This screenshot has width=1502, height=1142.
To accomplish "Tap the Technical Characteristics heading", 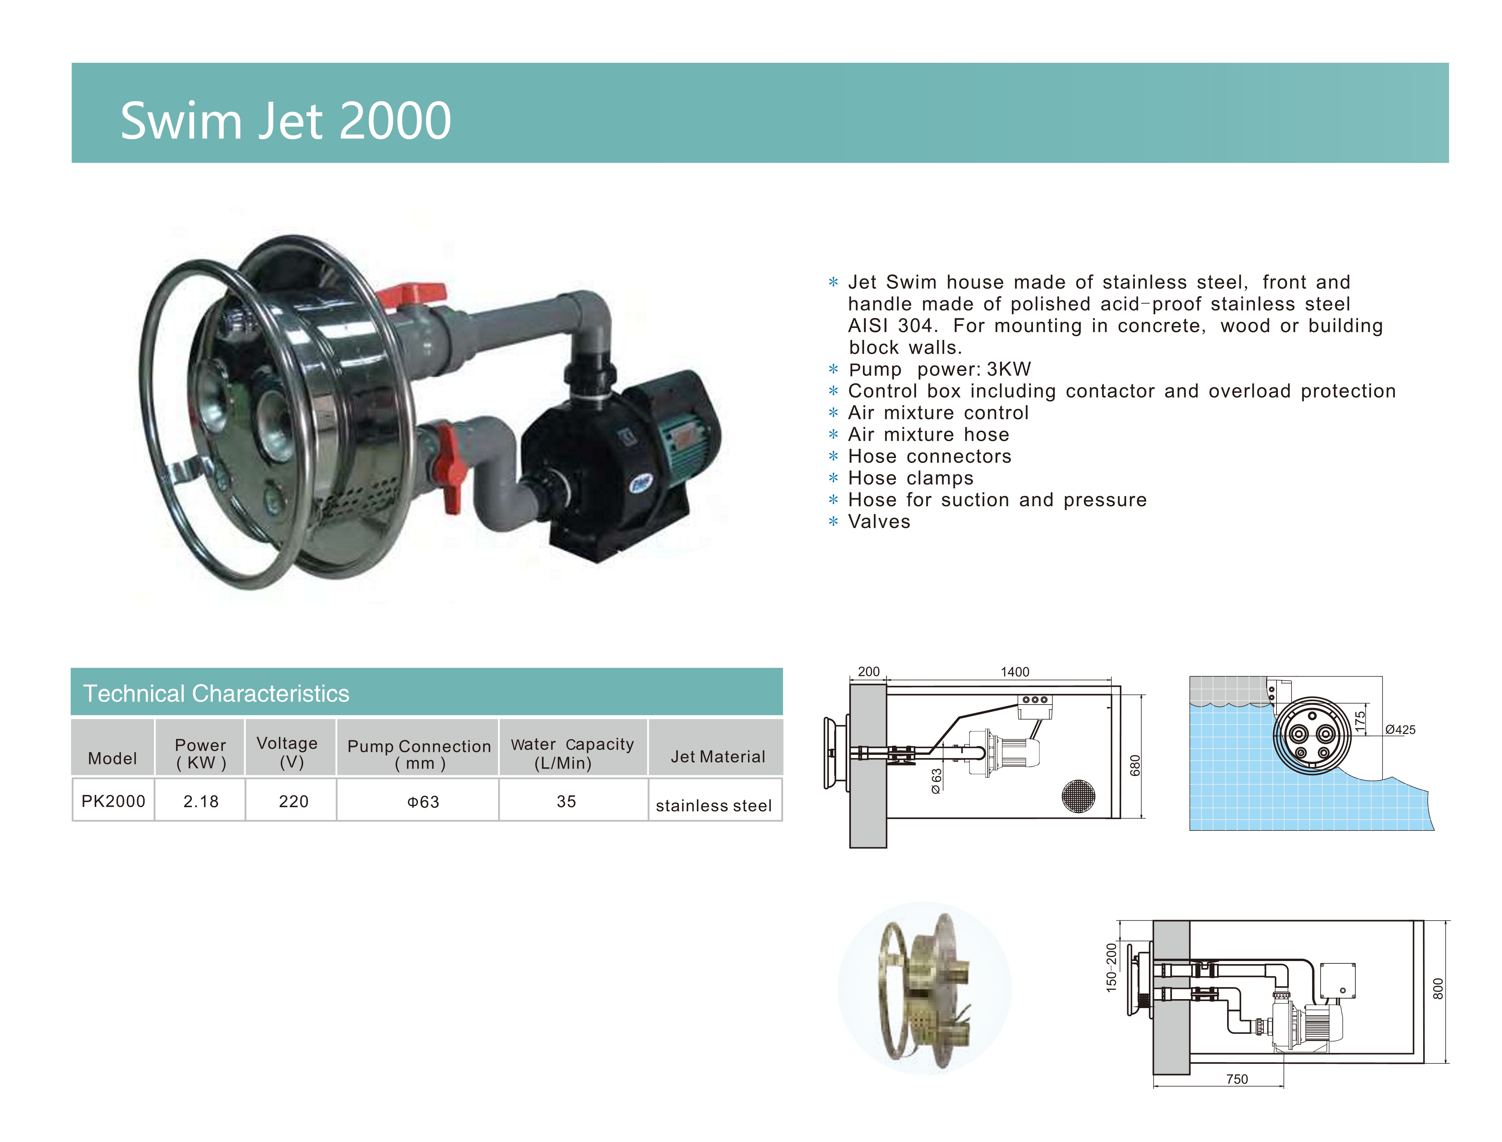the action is [216, 693].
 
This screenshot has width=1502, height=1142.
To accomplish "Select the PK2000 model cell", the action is [113, 801].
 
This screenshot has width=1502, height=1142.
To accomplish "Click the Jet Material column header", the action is [718, 757].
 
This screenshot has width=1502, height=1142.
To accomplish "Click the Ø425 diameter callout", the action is [1401, 729].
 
